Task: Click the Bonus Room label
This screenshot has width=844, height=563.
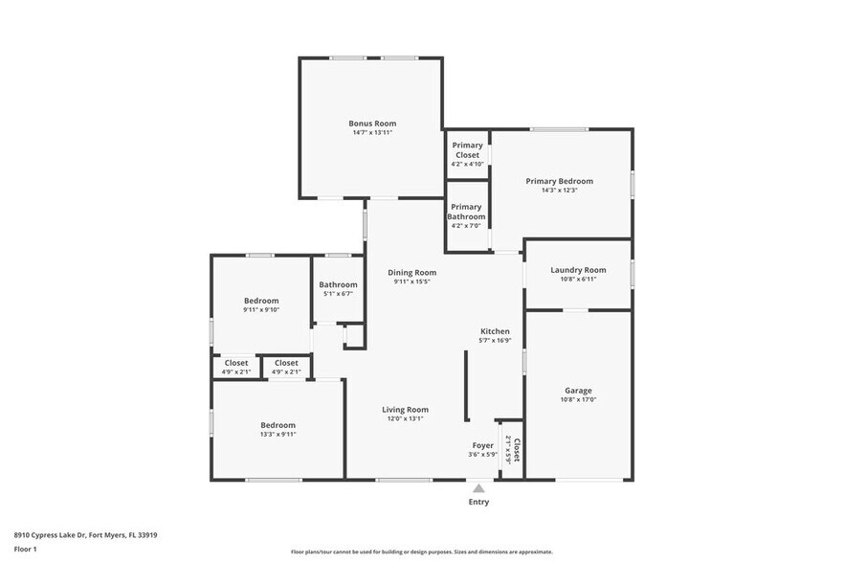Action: [x=371, y=124]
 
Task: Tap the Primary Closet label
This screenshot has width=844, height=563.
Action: [x=467, y=150]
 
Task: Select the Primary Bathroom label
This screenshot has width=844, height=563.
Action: [x=466, y=212]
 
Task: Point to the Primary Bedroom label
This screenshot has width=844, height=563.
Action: [x=559, y=181]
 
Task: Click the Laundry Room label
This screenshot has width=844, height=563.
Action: [x=578, y=270]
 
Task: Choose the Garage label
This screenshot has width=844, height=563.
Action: [x=578, y=391]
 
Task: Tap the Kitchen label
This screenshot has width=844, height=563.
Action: [x=495, y=331]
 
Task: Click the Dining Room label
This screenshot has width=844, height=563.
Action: [x=411, y=273]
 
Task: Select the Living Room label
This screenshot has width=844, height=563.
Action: [x=405, y=410]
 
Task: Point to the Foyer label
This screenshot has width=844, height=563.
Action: [x=482, y=445]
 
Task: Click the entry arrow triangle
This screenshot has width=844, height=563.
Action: [x=478, y=488]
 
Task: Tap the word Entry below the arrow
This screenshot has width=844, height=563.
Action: [x=478, y=502]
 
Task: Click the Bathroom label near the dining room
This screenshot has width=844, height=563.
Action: [x=338, y=284]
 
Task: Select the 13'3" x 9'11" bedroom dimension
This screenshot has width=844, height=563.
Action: [x=278, y=434]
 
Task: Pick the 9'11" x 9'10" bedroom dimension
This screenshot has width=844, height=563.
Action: [x=260, y=309]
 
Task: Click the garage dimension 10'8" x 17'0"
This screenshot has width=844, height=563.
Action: [x=578, y=400]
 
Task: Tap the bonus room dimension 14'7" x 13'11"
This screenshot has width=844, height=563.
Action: [x=371, y=133]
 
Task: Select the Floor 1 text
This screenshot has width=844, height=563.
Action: [x=25, y=549]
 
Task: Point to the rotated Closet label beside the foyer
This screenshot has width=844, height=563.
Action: [x=517, y=450]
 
